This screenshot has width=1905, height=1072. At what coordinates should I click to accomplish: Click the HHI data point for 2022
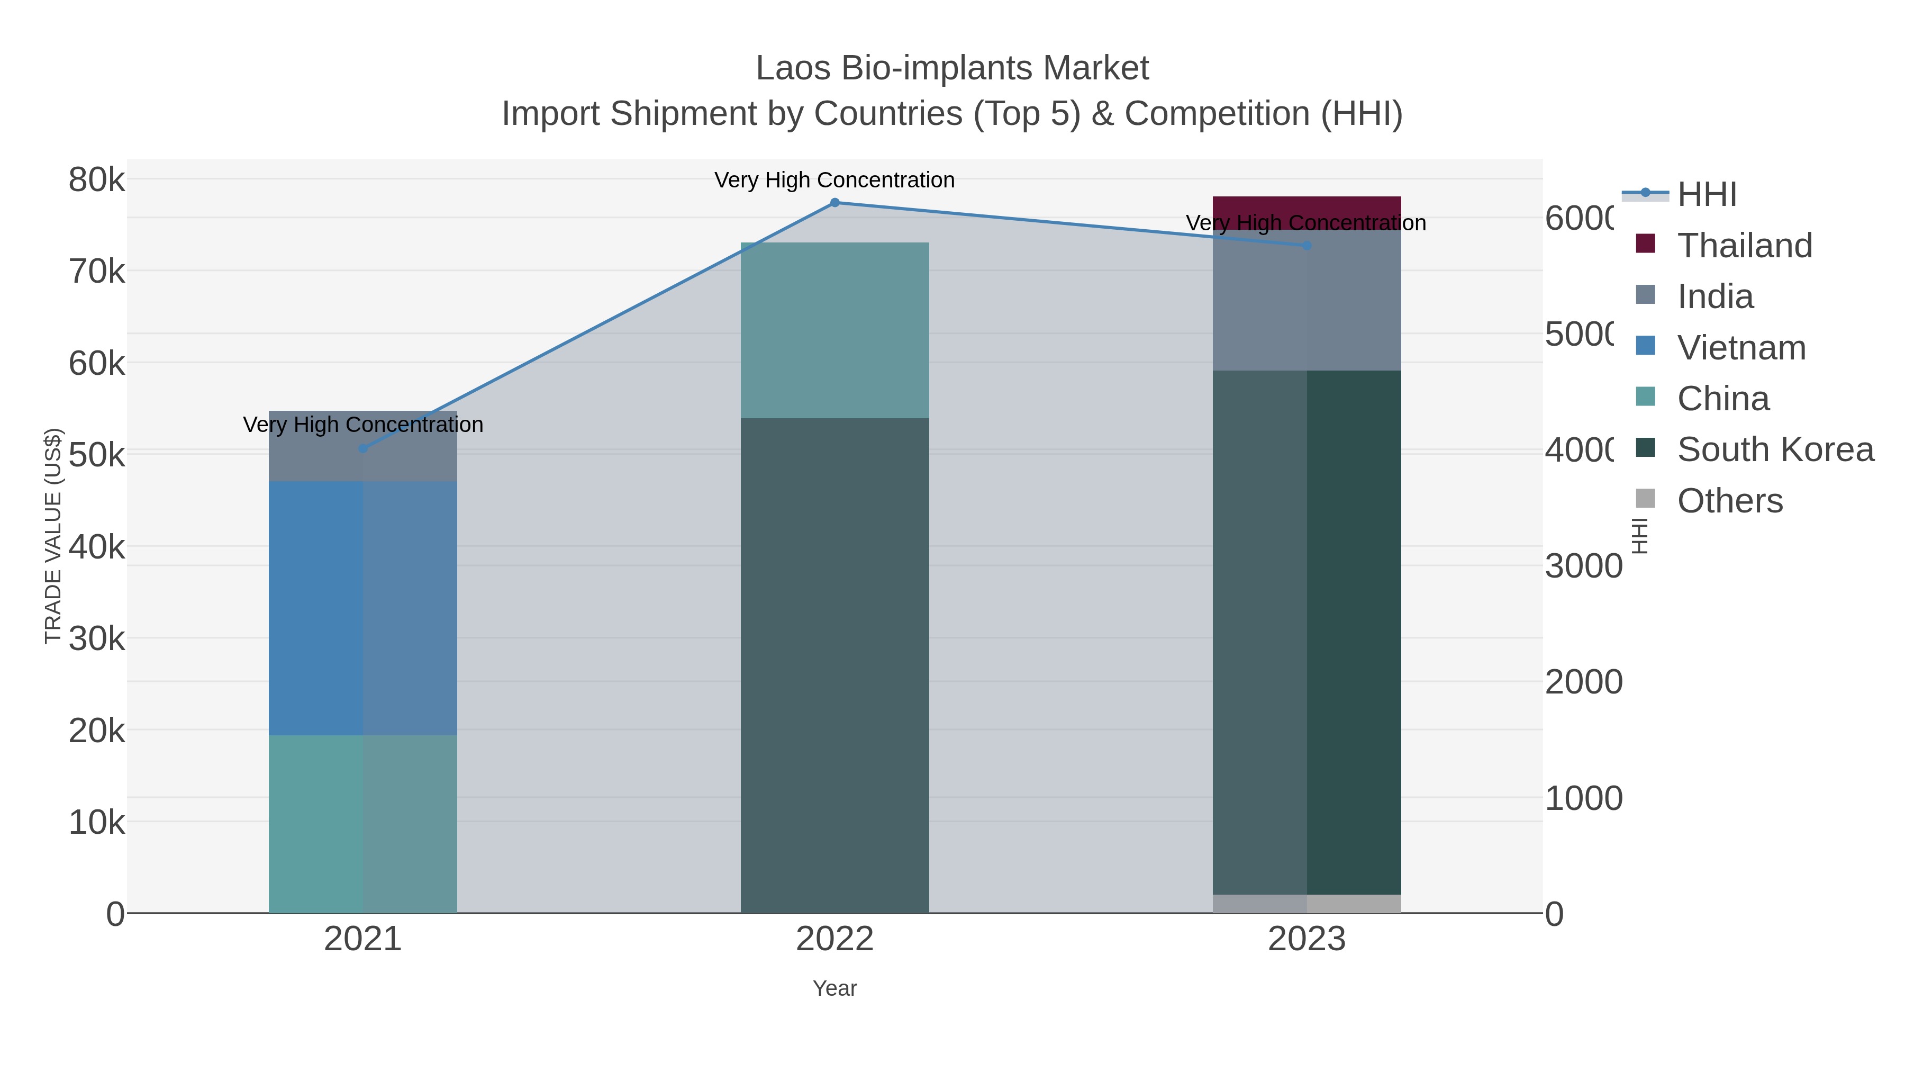click(x=835, y=203)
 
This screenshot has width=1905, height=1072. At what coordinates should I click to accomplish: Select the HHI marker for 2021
click(x=362, y=448)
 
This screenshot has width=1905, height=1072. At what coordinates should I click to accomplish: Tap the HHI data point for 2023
click(x=1307, y=246)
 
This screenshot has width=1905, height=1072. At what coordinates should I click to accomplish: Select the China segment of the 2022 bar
click(x=835, y=330)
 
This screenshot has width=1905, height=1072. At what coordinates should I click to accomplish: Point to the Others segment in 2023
click(x=1307, y=904)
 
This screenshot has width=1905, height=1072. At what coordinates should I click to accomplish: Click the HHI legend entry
click(x=1707, y=195)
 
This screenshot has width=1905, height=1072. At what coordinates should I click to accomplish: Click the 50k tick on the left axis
click(x=97, y=455)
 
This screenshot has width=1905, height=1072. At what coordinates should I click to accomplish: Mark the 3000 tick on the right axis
click(x=1583, y=566)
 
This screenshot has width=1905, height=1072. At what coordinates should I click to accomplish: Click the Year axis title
click(x=835, y=988)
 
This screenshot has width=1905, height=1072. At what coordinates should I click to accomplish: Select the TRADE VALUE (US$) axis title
click(x=53, y=536)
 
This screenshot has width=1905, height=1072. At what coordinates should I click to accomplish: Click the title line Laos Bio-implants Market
click(x=952, y=68)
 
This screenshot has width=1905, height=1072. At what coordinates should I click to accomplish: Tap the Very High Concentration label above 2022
click(x=835, y=180)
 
